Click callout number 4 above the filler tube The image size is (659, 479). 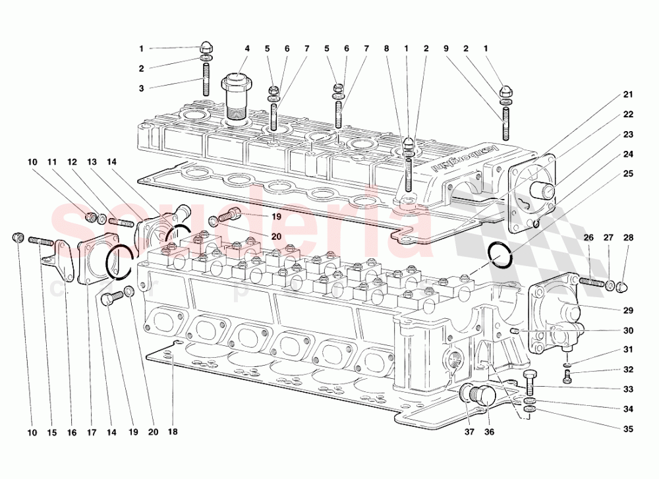point(247,48)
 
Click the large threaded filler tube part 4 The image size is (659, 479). point(236,99)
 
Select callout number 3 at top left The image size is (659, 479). point(140,88)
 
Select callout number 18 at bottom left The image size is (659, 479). point(172,432)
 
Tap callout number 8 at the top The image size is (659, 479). point(386,48)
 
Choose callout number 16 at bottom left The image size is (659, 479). point(72,432)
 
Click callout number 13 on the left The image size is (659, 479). point(92,161)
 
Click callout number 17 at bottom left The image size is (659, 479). point(92,432)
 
